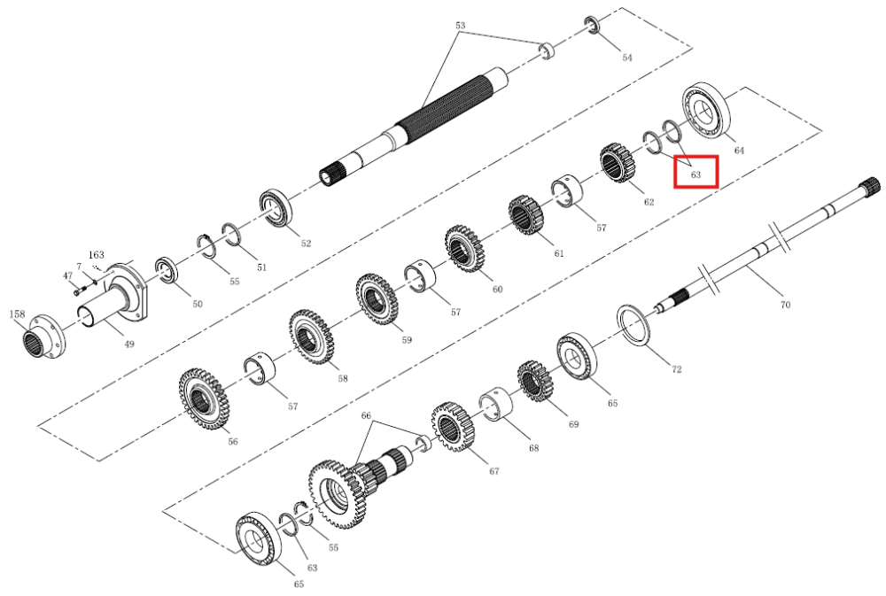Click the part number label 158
click(x=18, y=313)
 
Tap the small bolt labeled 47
click(x=79, y=290)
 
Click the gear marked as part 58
click(x=311, y=337)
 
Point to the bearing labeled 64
click(x=706, y=113)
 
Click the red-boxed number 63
click(x=696, y=174)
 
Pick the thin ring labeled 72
click(x=634, y=325)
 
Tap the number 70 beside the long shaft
click(x=785, y=305)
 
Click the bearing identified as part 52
click(x=276, y=208)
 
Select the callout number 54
click(x=627, y=57)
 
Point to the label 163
click(x=96, y=255)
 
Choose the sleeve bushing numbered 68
click(x=495, y=405)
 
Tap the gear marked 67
click(x=453, y=427)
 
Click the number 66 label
click(x=366, y=415)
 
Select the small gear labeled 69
click(x=535, y=382)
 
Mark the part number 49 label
click(x=128, y=344)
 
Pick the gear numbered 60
click(x=466, y=249)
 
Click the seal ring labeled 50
click(x=167, y=271)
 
